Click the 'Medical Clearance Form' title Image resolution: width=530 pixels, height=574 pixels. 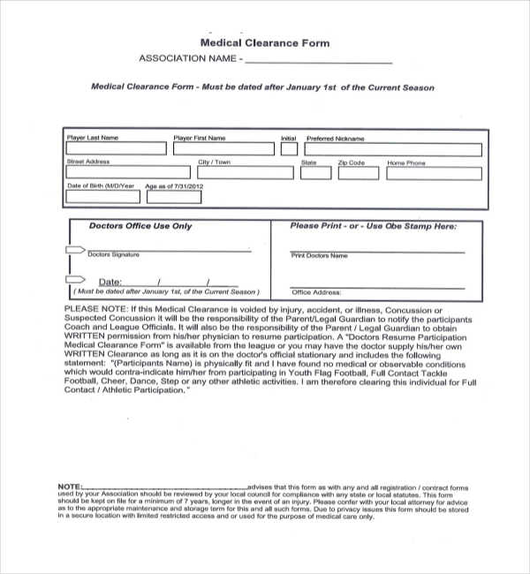coord(265,42)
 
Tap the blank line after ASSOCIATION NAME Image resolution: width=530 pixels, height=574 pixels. coord(317,62)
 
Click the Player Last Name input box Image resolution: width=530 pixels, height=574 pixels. coord(116,149)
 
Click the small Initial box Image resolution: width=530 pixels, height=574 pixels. coord(289,149)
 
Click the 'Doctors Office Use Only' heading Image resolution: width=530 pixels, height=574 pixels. coord(140,226)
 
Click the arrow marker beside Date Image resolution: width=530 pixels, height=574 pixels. coord(72,283)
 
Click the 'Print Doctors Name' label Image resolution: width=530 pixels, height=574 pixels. coord(319,255)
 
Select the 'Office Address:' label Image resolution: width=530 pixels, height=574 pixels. coord(315,291)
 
